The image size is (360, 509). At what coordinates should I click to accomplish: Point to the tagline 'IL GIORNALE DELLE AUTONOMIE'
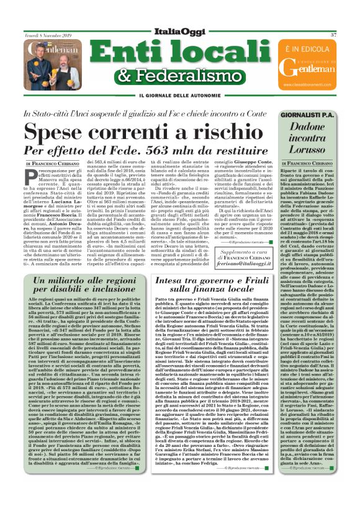point(179,95)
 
